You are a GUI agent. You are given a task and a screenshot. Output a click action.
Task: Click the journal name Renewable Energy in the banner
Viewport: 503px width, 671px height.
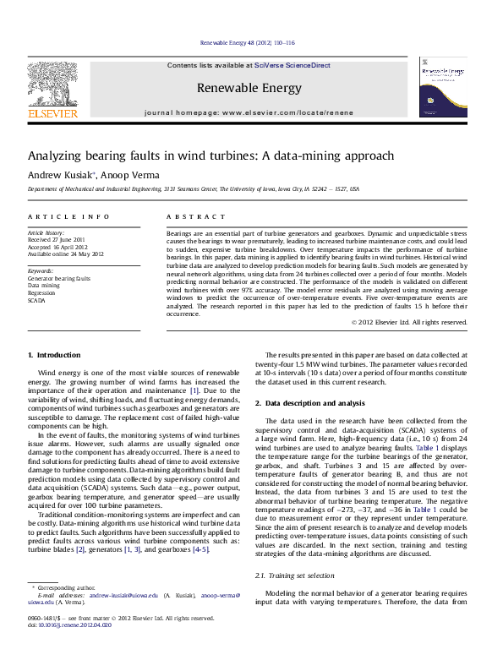point(250,88)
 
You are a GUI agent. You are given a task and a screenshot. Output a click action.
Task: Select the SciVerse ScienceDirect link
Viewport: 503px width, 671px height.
point(288,65)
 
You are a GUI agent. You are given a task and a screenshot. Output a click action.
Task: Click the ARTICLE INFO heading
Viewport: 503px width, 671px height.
point(68,217)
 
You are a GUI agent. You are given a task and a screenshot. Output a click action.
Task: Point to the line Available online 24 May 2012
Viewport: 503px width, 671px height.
point(66,254)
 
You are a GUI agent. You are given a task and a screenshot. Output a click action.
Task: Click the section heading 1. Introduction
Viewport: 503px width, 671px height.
point(54,355)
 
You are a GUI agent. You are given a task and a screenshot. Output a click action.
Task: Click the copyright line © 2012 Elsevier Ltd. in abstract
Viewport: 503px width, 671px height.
point(408,322)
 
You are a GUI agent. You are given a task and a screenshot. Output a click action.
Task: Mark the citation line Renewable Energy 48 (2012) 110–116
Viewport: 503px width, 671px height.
point(247,42)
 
